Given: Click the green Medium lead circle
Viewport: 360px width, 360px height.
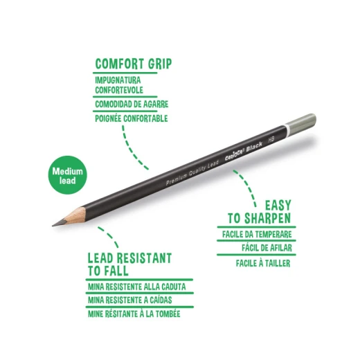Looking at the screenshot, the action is click(x=68, y=175).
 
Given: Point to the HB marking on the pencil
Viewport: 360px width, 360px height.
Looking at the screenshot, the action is click(x=271, y=139).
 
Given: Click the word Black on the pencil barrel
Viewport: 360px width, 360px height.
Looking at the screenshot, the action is click(x=254, y=147).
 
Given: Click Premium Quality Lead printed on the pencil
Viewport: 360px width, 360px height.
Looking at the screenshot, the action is click(x=192, y=172).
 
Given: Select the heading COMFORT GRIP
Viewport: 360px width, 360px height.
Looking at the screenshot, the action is click(x=134, y=64).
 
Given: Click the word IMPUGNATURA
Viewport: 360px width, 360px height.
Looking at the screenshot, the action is click(x=118, y=80).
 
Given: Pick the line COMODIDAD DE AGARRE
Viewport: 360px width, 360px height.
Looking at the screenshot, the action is click(x=132, y=105).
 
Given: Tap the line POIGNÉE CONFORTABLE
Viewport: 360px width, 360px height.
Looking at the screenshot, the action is click(x=132, y=118).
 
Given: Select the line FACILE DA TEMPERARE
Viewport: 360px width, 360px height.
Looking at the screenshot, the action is click(x=257, y=235).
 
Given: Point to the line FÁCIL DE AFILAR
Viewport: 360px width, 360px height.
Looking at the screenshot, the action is click(x=267, y=248).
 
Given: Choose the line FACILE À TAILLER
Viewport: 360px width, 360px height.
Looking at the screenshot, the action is click(x=263, y=263).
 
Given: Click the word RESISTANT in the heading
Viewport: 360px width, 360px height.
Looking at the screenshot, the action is click(x=144, y=258).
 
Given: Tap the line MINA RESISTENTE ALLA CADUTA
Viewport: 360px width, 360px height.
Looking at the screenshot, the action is click(x=137, y=287).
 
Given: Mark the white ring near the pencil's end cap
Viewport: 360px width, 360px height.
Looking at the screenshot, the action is click(x=287, y=130).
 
